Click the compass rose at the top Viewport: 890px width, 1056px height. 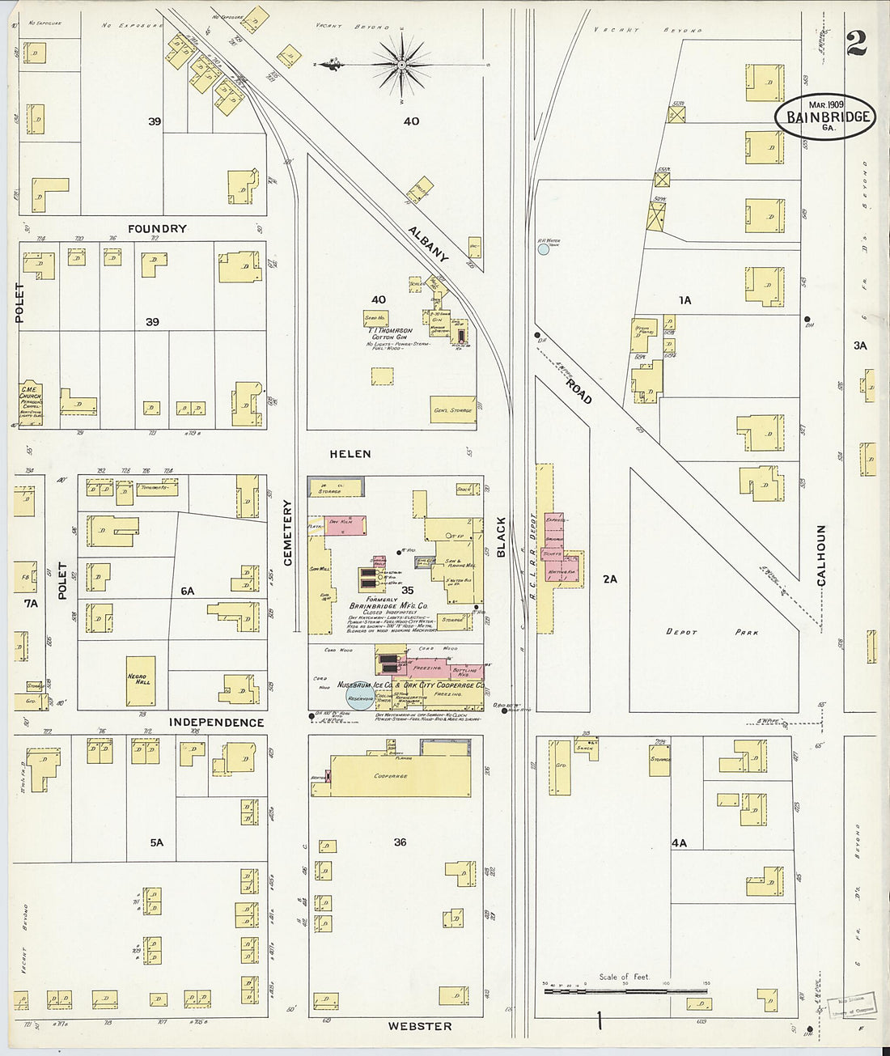click(402, 62)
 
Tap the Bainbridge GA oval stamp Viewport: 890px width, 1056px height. click(826, 117)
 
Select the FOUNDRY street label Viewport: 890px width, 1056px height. click(157, 229)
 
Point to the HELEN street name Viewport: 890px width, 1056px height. click(350, 454)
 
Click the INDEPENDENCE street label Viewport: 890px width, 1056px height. click(216, 722)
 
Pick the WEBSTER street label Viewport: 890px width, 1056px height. click(419, 1026)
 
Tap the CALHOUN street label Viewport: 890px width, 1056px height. click(821, 555)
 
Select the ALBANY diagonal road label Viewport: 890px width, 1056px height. click(427, 242)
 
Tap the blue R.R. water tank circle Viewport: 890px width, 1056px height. click(544, 249)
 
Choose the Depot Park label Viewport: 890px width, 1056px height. click(712, 632)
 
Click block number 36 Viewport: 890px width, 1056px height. click(400, 842)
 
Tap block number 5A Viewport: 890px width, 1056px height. click(156, 842)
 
